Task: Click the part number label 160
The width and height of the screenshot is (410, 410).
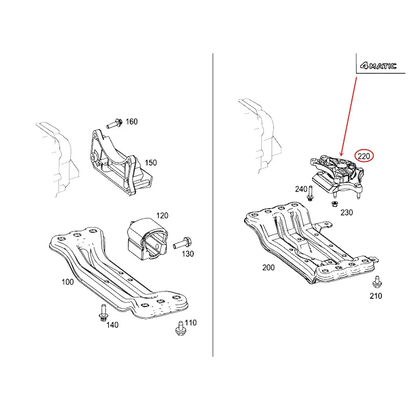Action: tap(132, 121)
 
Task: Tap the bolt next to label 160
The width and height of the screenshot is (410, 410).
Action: tap(114, 124)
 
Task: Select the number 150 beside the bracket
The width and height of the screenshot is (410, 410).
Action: tap(151, 162)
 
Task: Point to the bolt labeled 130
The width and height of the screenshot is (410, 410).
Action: tap(182, 243)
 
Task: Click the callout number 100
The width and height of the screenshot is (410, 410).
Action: tap(68, 282)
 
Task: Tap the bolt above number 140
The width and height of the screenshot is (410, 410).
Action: tap(104, 313)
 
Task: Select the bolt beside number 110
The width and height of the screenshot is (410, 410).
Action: tap(180, 328)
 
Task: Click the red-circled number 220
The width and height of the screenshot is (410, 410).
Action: tap(364, 156)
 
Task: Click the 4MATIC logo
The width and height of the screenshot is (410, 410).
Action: tap(378, 66)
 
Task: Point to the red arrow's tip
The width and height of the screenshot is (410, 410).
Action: tap(340, 156)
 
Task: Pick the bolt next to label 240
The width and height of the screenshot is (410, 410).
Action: tap(311, 193)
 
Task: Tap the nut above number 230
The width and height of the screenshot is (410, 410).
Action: tap(334, 203)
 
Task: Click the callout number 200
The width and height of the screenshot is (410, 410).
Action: tap(269, 268)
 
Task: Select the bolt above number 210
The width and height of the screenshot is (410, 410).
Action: tap(377, 282)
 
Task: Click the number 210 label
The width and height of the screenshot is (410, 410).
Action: tap(376, 296)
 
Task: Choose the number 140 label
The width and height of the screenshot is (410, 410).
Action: tap(112, 325)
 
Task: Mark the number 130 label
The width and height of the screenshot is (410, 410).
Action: tap(188, 254)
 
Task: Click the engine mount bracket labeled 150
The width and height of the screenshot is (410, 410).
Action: tap(119, 162)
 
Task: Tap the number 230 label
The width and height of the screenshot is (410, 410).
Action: tap(346, 212)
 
